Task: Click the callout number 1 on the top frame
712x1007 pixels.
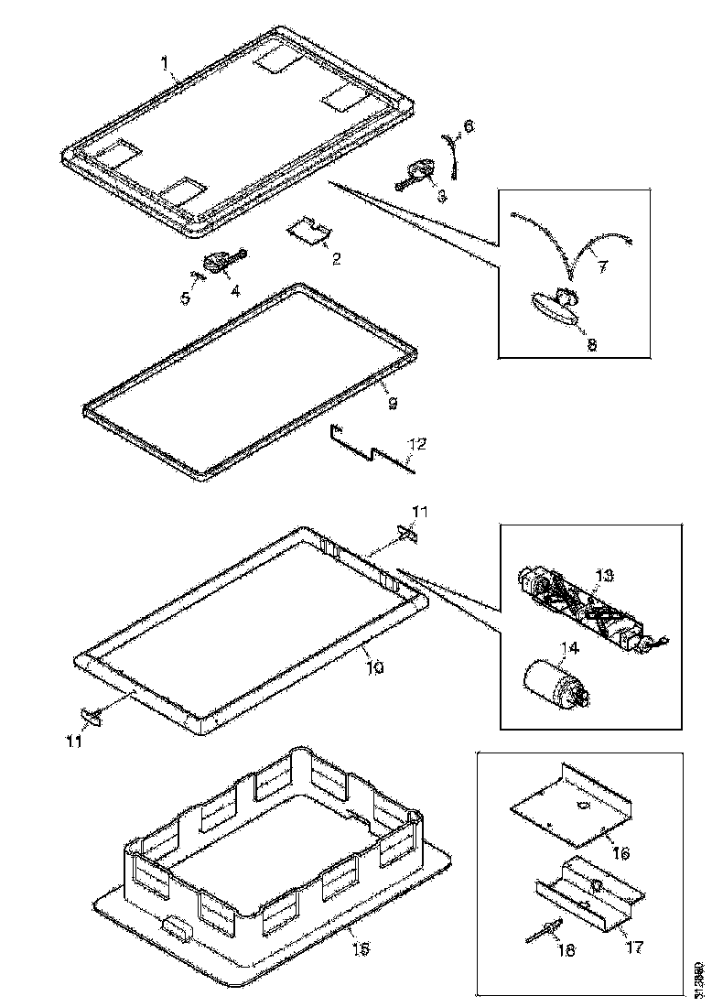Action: [x=164, y=63]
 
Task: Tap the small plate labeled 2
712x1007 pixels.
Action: [x=307, y=231]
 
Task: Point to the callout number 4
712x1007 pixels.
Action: [x=235, y=291]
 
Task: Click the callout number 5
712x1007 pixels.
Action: [x=186, y=298]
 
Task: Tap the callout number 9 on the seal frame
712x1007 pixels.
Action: [x=392, y=403]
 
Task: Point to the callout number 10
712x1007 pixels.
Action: [x=375, y=667]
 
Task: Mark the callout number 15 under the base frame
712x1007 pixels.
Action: [x=361, y=948]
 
